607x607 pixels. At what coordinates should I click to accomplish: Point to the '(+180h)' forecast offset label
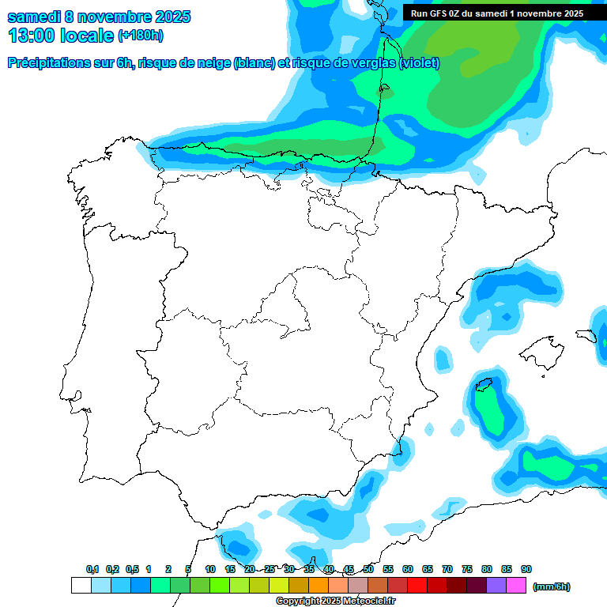[x=140, y=36]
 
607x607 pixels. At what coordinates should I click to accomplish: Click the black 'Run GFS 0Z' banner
[x=497, y=13]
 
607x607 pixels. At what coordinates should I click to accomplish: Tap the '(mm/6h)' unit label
[x=551, y=586]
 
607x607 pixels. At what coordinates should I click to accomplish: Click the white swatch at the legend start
[x=81, y=586]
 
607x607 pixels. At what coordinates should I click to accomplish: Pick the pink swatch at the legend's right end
[x=516, y=586]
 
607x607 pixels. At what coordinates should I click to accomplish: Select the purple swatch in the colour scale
[x=496, y=586]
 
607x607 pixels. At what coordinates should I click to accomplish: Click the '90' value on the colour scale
[x=526, y=569]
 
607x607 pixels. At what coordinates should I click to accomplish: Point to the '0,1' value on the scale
[x=92, y=569]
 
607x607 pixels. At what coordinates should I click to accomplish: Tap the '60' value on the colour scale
[x=408, y=569]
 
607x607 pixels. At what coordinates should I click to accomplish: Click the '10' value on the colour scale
[x=210, y=569]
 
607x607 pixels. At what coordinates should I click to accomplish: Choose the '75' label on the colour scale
[x=467, y=569]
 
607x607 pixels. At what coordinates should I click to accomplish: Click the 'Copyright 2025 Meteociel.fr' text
[x=335, y=601]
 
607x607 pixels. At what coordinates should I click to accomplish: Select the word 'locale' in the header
[x=87, y=36]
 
